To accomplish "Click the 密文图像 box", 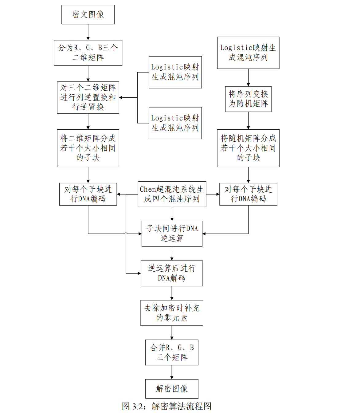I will point(88,14).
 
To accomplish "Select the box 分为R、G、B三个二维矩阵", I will point(88,53).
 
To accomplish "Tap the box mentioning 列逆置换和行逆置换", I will point(88,97).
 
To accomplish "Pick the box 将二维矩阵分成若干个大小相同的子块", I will point(88,148).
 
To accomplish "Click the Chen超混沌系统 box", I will point(172,194).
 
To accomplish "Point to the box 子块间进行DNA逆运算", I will point(172,234).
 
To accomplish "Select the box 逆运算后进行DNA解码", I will point(172,273).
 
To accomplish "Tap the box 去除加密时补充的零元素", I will point(172,313).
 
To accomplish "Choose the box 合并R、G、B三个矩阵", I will point(172,352).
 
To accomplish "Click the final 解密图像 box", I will point(172,389).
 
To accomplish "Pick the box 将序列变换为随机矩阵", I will point(248,99).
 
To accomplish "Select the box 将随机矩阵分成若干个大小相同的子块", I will point(248,148).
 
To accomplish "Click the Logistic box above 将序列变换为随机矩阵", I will point(248,53).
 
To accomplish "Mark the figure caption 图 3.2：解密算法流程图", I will point(166,406).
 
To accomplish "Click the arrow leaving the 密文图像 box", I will point(88,32).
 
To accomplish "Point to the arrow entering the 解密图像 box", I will point(172,372).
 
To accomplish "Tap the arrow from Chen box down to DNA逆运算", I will point(172,214).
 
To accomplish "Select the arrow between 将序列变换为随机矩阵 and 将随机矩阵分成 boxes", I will point(248,120).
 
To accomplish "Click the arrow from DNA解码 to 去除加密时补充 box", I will point(172,293).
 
